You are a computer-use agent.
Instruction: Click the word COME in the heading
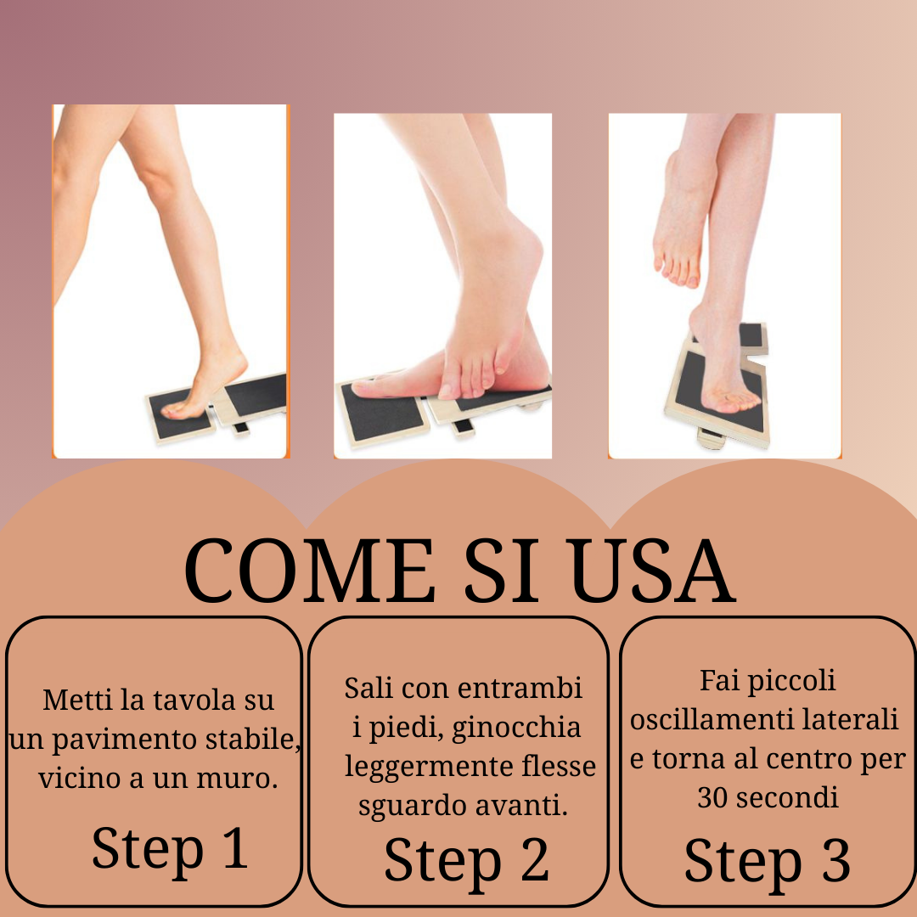tap(309, 571)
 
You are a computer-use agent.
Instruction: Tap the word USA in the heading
tap(653, 571)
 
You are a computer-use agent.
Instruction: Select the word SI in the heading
tap(502, 571)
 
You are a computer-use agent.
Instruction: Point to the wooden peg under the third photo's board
tap(712, 438)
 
